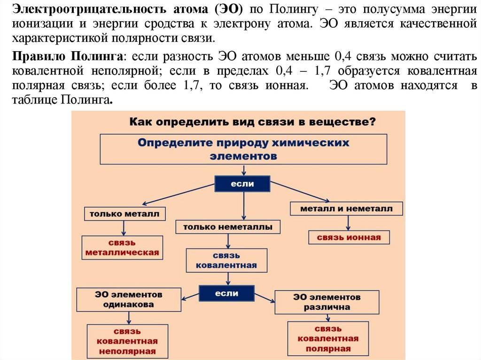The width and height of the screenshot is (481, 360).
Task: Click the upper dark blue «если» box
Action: pos(242,184)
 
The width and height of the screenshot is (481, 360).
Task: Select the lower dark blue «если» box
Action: pos(226,293)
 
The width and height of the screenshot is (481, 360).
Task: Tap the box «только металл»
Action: pos(125,214)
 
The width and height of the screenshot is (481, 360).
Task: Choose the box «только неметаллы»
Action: pos(228,227)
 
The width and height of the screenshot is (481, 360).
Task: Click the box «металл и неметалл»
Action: pos(346,208)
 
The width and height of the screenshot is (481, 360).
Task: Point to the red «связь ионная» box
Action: pos(349,237)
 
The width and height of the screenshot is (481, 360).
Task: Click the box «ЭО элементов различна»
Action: pos(327,302)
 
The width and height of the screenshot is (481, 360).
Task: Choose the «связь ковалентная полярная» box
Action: pos(328,338)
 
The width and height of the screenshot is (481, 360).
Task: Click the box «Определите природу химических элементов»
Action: pos(243,149)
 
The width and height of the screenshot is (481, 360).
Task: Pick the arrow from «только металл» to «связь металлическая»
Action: pos(123,228)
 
